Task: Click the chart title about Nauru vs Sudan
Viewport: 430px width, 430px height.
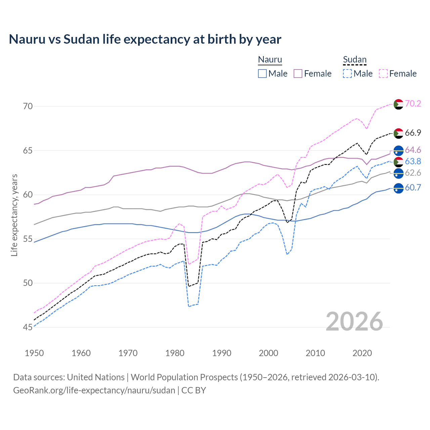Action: pos(145,39)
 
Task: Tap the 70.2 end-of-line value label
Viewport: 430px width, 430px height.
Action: pos(413,103)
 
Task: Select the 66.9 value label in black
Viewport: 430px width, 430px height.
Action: pos(413,133)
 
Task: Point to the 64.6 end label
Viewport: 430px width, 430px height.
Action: pos(413,150)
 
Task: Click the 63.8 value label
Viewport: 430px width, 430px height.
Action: pos(413,162)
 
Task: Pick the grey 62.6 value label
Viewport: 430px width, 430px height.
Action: pos(413,173)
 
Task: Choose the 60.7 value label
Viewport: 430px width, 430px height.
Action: pos(413,187)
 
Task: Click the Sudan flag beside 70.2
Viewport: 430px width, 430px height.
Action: pos(398,104)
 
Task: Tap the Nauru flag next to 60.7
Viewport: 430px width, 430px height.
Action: pos(398,188)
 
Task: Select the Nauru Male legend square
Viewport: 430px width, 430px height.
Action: pos(262,74)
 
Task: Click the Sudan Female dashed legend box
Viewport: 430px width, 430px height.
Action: pos(383,74)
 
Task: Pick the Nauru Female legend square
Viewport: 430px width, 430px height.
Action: pos(298,74)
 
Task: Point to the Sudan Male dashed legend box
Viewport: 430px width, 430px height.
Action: pos(347,74)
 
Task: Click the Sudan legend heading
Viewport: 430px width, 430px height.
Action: pos(354,60)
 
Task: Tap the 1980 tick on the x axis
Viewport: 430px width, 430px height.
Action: pos(175,353)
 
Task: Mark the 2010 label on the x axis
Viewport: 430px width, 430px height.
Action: pos(315,353)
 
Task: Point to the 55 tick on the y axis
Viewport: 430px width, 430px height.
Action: pos(28,239)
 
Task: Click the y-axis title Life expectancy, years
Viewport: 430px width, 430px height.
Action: pos(14,215)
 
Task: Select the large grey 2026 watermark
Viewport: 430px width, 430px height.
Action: pos(354,321)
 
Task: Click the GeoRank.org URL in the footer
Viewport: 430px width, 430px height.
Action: pos(94,390)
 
